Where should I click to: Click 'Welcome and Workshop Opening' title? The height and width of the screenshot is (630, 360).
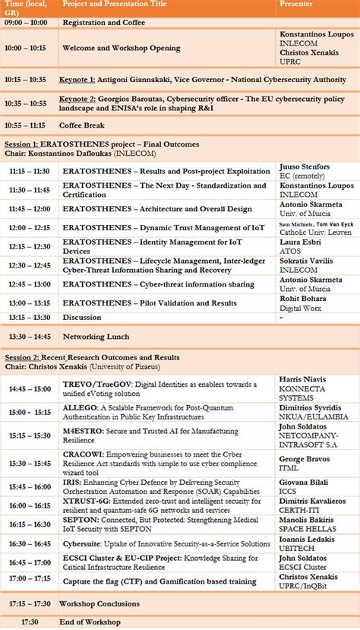(122, 48)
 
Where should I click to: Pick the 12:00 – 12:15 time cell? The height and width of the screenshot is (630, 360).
(29, 228)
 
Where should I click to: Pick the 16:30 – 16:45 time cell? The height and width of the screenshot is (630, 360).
(29, 544)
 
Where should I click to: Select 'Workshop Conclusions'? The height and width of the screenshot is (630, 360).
(101, 603)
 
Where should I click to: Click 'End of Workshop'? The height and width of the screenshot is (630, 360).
(91, 622)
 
